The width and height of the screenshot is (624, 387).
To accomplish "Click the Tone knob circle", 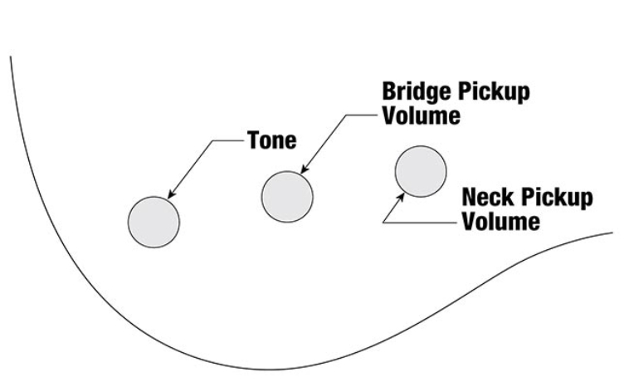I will pyautogui.click(x=154, y=222).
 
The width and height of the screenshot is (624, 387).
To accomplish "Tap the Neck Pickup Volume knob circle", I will pyautogui.click(x=420, y=171).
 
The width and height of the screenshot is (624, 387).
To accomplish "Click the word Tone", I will pyautogui.click(x=271, y=140).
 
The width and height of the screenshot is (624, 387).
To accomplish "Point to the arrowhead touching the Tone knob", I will pyautogui.click(x=170, y=197).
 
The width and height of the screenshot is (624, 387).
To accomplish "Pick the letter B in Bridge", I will pyautogui.click(x=388, y=91).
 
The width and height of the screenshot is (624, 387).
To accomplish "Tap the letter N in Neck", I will pyautogui.click(x=468, y=198).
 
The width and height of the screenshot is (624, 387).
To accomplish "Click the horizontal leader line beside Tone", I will pyautogui.click(x=228, y=140).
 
